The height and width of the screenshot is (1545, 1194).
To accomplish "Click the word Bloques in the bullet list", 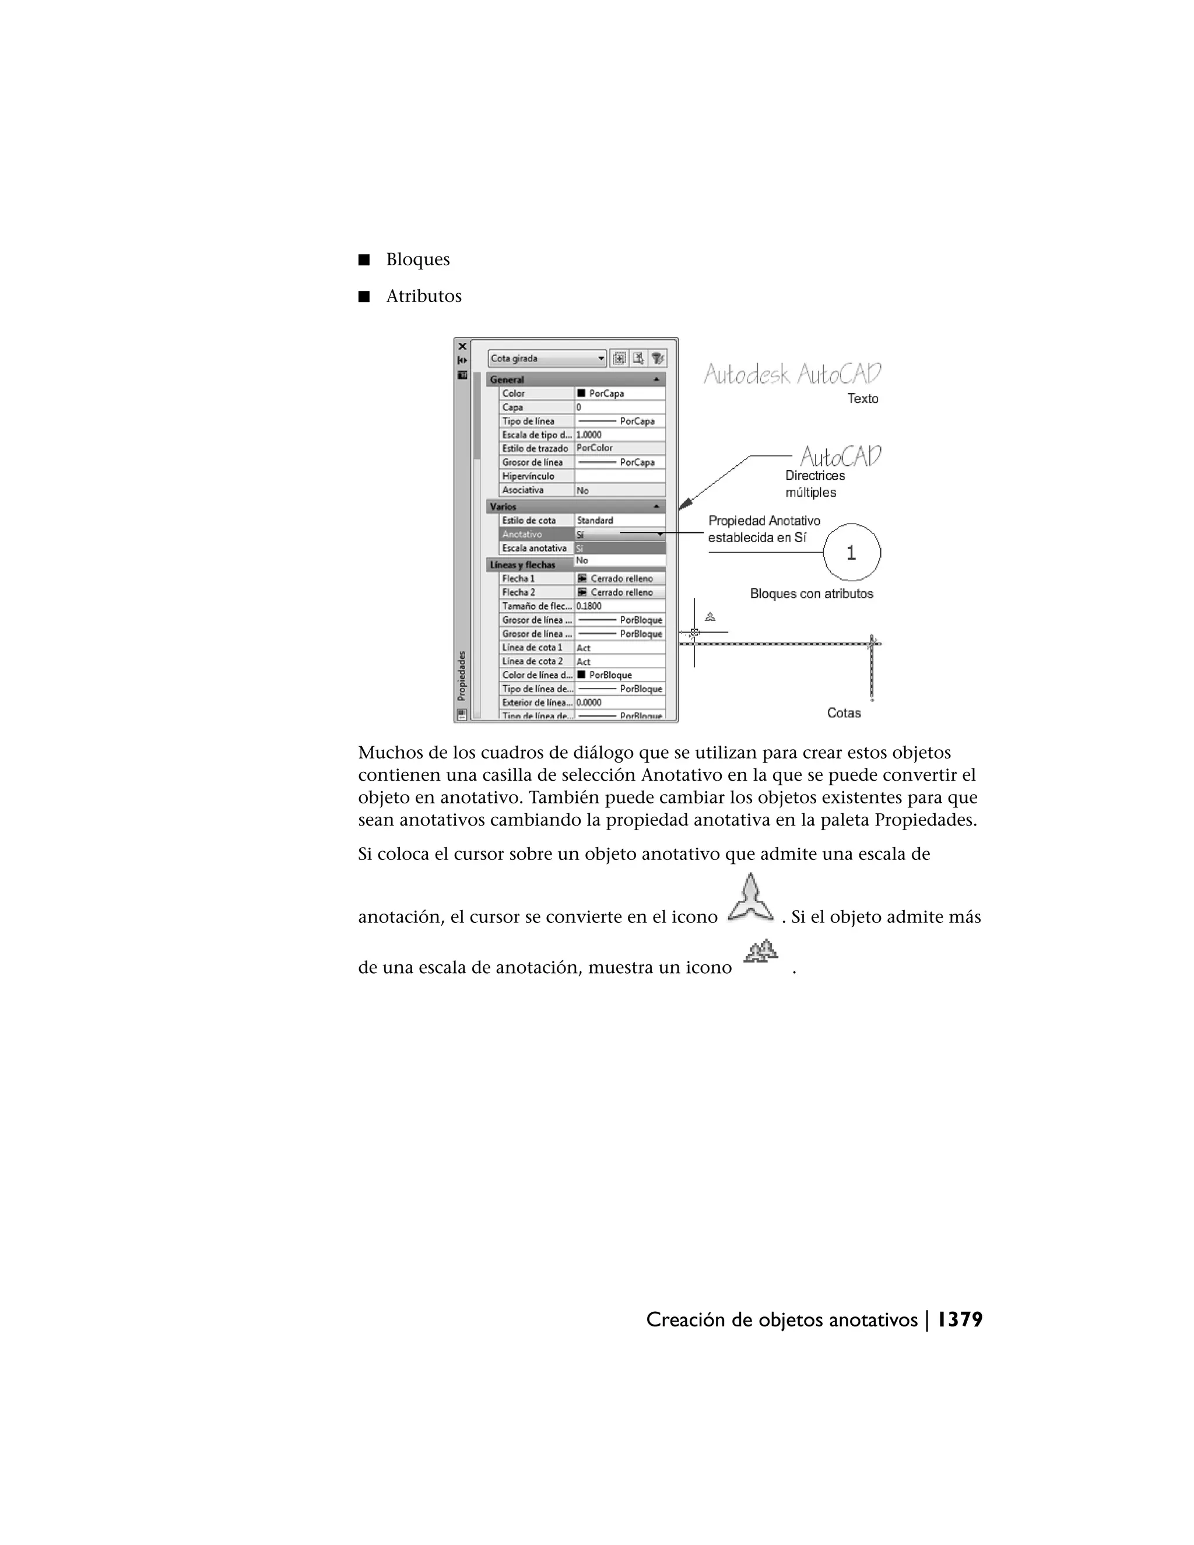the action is pos(417,259).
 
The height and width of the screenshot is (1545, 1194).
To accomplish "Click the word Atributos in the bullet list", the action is pos(423,296).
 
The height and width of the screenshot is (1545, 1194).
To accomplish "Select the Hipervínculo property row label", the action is pos(528,476).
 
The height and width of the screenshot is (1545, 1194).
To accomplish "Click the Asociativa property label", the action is pos(523,490).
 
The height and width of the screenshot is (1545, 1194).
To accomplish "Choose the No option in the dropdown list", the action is pos(582,560).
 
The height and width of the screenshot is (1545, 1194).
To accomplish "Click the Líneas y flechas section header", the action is pos(524,564).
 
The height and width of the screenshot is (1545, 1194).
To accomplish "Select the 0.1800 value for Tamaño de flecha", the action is pos(589,606).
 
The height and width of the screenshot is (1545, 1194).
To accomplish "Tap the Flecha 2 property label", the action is pos(518,593).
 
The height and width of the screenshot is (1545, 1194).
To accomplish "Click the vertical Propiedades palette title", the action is pos(462,675).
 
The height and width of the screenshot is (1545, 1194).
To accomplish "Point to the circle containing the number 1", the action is pos(852,553).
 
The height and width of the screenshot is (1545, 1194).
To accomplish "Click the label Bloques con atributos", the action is pos(812,594).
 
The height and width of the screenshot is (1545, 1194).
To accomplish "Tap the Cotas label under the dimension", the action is pos(844,713).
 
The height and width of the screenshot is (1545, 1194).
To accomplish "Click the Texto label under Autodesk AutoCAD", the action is pos(863,399).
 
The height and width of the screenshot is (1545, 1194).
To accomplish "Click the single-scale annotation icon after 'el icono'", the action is pos(750,899).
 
